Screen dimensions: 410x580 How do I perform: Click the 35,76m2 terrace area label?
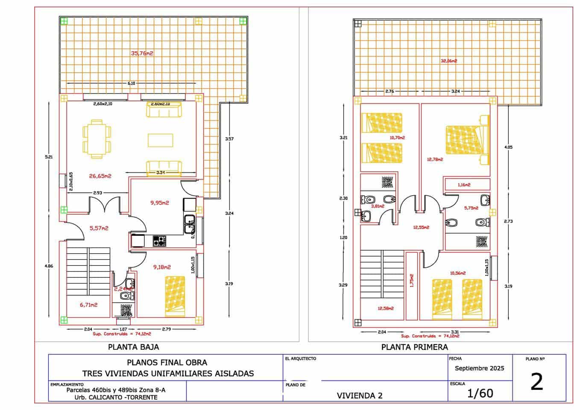142,53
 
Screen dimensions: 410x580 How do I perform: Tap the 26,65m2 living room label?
100,176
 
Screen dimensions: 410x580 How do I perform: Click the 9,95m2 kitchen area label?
159,203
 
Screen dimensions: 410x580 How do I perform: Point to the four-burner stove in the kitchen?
159,241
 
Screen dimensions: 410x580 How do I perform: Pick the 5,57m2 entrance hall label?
99,228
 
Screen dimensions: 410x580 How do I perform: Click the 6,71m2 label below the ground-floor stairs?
88,305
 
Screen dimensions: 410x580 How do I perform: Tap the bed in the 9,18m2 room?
175,296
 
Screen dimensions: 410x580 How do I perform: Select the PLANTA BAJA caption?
133,347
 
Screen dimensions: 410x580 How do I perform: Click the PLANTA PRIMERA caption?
414,347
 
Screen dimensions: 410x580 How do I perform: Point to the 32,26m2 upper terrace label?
448,61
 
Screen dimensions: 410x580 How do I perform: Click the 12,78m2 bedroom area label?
435,160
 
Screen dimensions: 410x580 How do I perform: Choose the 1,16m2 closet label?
464,185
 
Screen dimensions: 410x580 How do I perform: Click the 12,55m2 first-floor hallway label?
421,228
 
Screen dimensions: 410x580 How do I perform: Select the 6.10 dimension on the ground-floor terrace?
131,84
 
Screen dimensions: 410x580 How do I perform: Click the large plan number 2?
536,382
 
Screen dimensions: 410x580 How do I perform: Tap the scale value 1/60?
480,393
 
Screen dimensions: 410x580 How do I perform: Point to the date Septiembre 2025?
479,368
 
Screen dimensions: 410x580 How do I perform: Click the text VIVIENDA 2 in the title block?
359,395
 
